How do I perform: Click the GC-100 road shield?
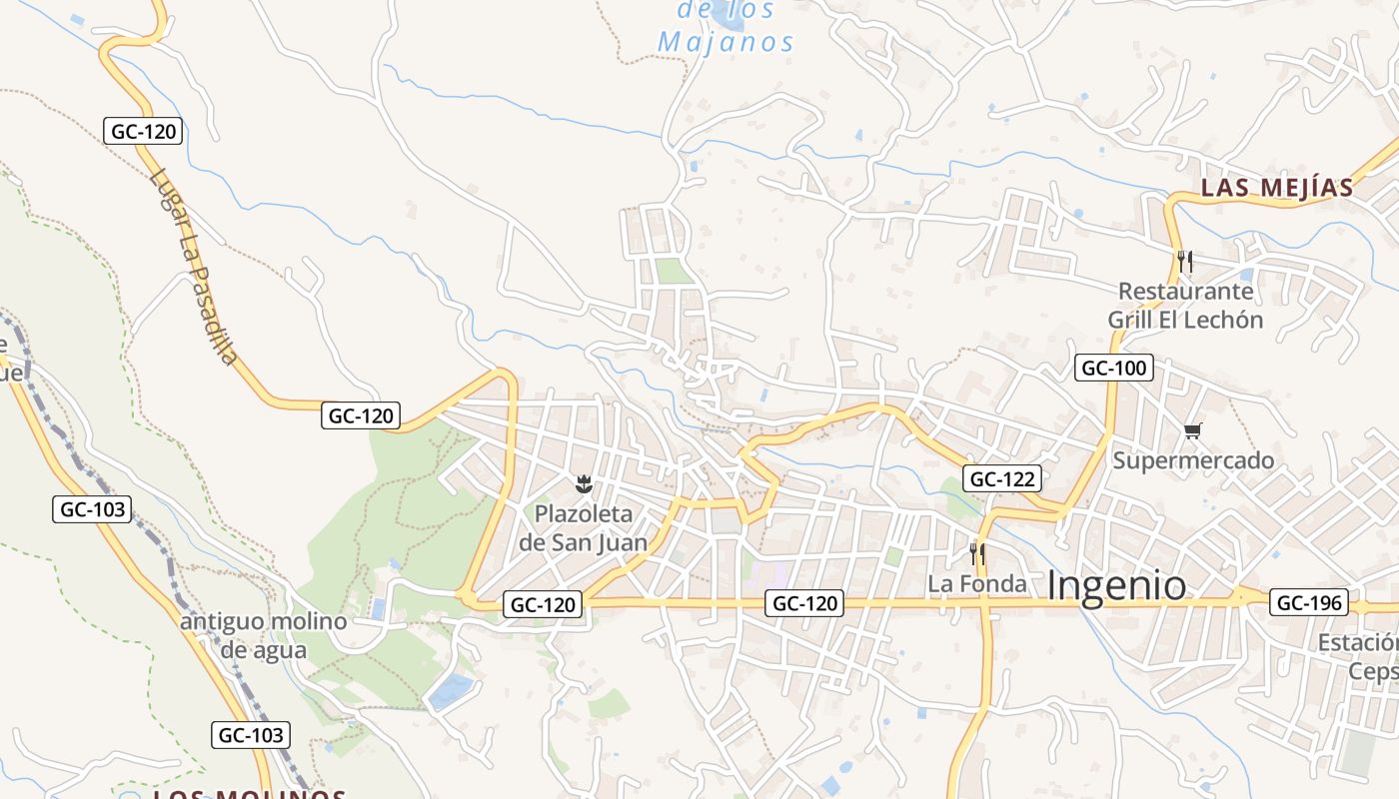tap(1114, 368)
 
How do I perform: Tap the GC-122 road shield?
tap(1003, 478)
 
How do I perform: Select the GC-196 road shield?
tap(1309, 603)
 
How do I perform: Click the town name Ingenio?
tap(1117, 586)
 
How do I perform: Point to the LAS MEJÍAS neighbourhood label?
tap(1276, 188)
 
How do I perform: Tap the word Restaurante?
tap(1185, 292)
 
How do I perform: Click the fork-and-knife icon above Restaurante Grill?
tap(1185, 262)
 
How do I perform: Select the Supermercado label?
tap(1193, 460)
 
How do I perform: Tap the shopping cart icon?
tap(1192, 431)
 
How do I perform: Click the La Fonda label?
tap(977, 583)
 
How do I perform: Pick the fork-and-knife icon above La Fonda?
tap(977, 553)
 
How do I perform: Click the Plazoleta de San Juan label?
tap(584, 528)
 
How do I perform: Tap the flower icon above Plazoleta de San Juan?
tap(584, 485)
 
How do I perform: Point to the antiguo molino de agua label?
tap(264, 636)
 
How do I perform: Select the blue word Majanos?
tap(726, 43)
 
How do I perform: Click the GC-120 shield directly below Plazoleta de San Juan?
tap(544, 604)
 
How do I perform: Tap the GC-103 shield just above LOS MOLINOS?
tap(252, 735)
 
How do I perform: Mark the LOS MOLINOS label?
tap(249, 794)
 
